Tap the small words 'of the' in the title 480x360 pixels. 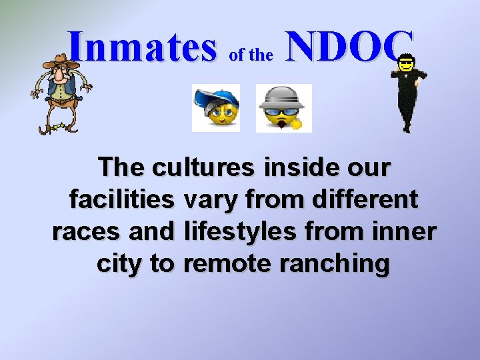coord(251,56)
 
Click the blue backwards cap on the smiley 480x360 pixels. coord(215,98)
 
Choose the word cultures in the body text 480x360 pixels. coord(203,167)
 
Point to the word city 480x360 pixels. coord(119,263)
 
